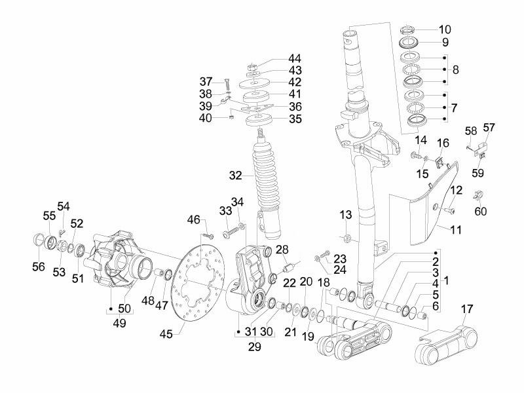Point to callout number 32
click(236, 176)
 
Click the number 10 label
click(445, 29)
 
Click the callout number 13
click(346, 215)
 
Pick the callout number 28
click(282, 250)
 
